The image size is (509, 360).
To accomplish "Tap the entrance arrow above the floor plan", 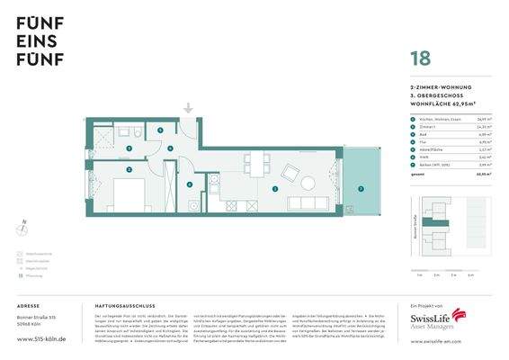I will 188,109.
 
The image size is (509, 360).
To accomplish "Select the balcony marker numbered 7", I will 361,189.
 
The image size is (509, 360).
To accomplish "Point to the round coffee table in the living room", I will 308,183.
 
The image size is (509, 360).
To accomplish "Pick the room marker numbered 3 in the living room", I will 274,189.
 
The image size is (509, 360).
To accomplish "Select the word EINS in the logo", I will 36,41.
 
